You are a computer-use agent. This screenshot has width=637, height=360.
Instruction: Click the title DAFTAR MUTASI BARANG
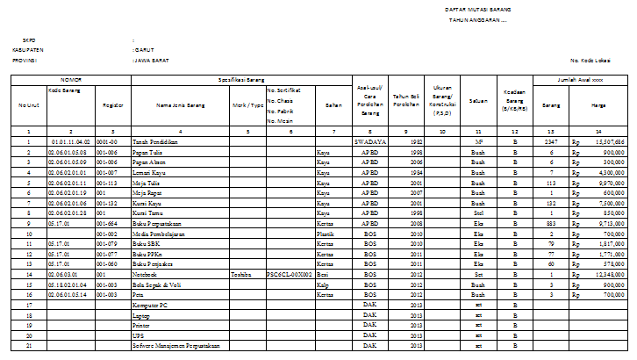[479, 9]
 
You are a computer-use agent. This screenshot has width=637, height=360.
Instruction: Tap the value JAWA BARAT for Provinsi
[149, 61]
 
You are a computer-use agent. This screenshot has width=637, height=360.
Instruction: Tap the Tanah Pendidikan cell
[155, 141]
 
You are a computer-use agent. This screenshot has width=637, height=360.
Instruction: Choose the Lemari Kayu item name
[152, 174]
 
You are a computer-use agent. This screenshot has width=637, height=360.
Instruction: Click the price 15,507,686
[606, 141]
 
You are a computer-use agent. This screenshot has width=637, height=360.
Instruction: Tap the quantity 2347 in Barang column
[550, 141]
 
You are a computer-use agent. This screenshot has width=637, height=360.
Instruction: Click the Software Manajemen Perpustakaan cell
[175, 346]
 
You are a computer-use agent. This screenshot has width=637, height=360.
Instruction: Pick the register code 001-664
[107, 224]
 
